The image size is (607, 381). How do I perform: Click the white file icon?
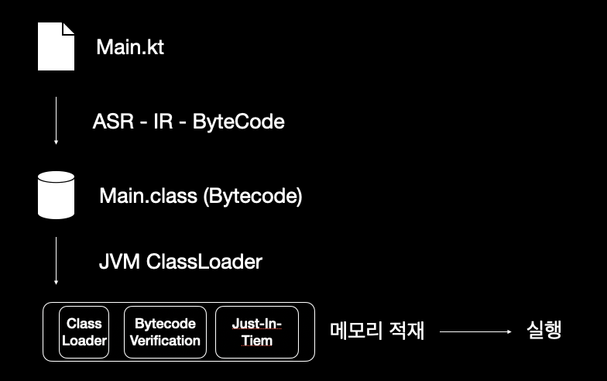click(x=57, y=47)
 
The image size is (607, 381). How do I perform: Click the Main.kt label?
click(x=130, y=47)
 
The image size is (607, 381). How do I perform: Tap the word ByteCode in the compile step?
click(x=238, y=122)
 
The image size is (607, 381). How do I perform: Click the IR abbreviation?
click(x=164, y=122)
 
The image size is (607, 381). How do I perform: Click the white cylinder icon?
click(x=57, y=195)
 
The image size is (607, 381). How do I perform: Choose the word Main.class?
click(x=147, y=196)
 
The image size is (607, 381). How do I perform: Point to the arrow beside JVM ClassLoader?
click(x=56, y=261)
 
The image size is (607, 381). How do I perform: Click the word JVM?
click(x=119, y=262)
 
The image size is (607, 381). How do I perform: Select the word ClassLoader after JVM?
click(x=204, y=262)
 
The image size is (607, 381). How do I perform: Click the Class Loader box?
click(x=84, y=331)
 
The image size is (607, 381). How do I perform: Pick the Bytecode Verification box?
click(x=165, y=331)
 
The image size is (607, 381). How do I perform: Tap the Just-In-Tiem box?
click(x=257, y=331)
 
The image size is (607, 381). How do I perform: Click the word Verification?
click(x=165, y=341)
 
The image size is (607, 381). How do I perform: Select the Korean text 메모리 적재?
click(x=377, y=331)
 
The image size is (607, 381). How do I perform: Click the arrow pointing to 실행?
click(x=476, y=331)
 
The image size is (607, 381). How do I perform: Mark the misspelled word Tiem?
click(x=257, y=341)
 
